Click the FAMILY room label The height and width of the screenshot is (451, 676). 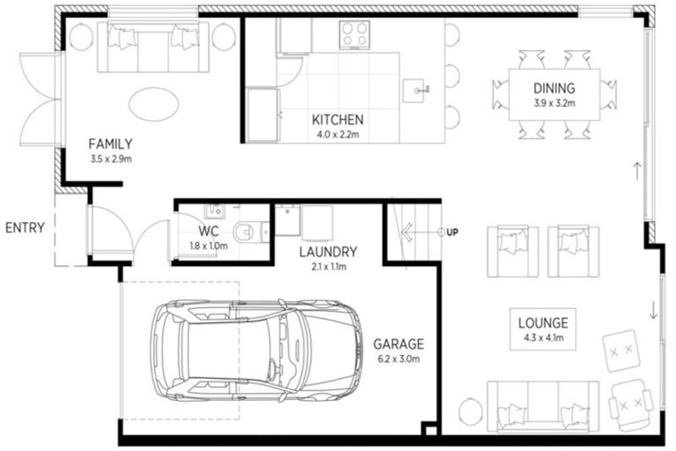click(x=110, y=144)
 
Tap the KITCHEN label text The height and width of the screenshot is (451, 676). click(x=338, y=120)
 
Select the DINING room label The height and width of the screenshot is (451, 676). click(x=554, y=88)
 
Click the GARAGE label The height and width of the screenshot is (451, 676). click(x=398, y=344)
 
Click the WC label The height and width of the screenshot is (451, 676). click(x=208, y=233)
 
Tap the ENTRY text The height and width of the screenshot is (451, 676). click(x=25, y=227)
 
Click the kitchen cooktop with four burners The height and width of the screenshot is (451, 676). click(x=356, y=34)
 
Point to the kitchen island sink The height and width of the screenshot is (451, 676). click(x=418, y=89)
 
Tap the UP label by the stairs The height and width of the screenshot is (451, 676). click(x=452, y=232)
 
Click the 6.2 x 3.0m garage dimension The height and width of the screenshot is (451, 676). click(x=398, y=359)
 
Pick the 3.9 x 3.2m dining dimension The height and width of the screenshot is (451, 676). click(x=554, y=102)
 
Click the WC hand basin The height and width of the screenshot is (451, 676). click(x=213, y=211)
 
